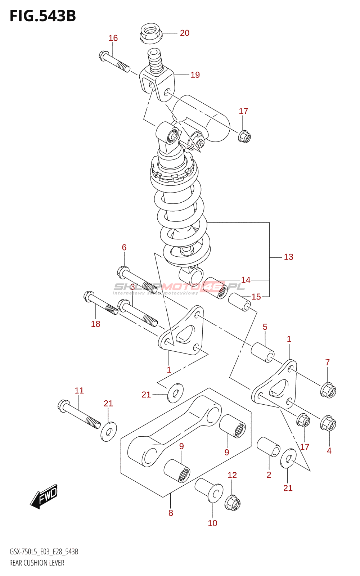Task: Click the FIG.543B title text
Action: (43, 16)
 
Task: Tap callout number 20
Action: (185, 33)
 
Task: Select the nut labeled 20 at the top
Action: (150, 33)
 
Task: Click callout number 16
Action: (113, 38)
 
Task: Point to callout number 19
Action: (195, 75)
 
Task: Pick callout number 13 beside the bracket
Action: (288, 257)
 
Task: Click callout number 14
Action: (246, 280)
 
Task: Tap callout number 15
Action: (256, 297)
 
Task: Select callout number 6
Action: (124, 247)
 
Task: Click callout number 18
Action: (95, 324)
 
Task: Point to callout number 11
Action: (79, 391)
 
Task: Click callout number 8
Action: (171, 513)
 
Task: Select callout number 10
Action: (212, 523)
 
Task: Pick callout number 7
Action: (327, 363)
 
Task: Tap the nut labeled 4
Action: (328, 423)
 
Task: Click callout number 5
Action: (265, 327)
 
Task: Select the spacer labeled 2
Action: (269, 447)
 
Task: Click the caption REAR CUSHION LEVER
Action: (37, 563)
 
